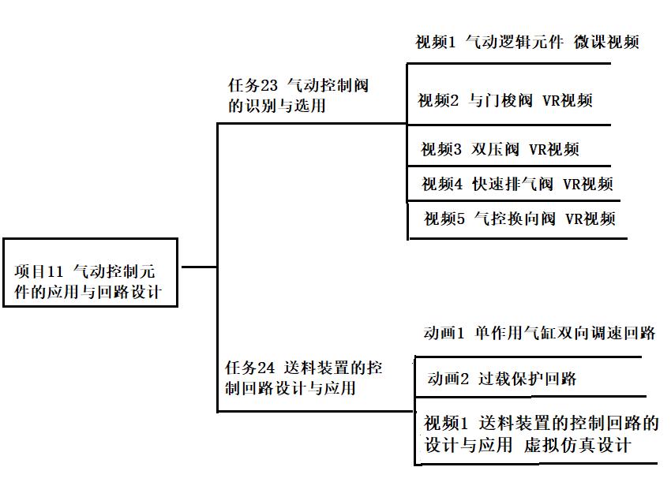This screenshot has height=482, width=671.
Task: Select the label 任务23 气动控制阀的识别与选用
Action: click(298, 95)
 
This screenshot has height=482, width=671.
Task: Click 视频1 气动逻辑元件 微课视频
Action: click(527, 43)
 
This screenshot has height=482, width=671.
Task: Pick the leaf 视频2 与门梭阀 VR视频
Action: click(504, 101)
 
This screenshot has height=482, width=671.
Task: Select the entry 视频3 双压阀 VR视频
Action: click(500, 150)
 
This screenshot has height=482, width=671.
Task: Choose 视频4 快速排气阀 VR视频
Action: click(517, 185)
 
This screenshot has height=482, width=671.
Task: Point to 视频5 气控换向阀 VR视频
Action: click(519, 219)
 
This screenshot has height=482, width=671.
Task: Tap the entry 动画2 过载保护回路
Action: click(502, 379)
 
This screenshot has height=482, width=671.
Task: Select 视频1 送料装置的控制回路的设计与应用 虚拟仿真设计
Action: click(541, 434)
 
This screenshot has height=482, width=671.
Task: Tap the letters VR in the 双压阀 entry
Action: click(538, 150)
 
